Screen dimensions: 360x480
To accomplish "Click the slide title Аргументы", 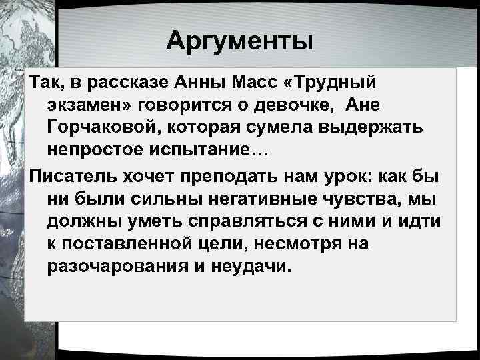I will pos(239,41).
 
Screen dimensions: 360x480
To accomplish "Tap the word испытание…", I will pos(212,151).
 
